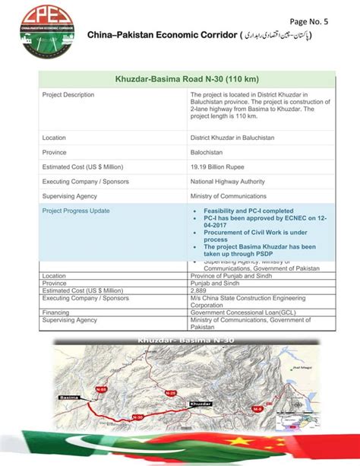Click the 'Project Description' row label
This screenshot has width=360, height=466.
pos(68,95)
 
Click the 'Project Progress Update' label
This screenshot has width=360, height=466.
pos(76,211)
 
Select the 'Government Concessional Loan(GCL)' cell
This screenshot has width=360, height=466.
pos(244,312)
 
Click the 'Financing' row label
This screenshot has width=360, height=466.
pos(57,312)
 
